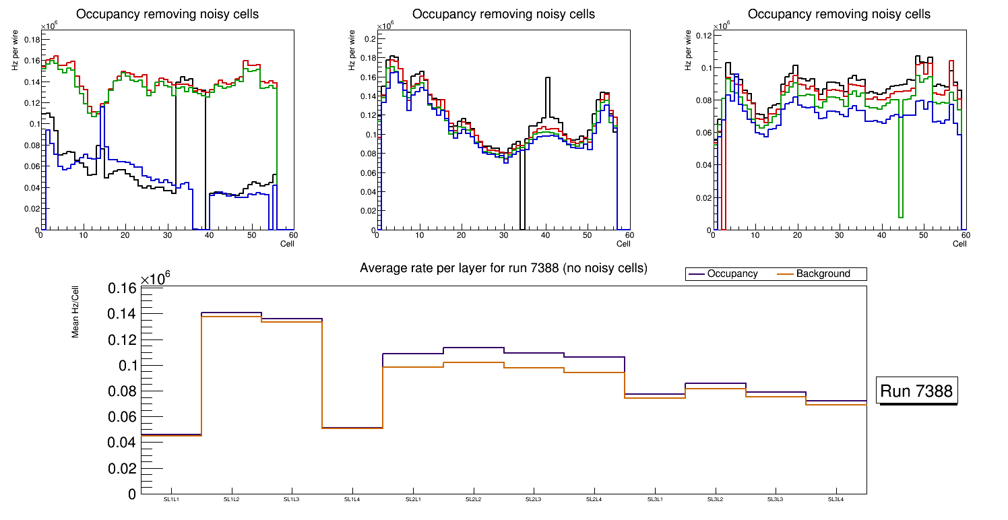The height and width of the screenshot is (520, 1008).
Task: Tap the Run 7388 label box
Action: tap(918, 391)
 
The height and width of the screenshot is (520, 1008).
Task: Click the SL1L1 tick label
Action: tap(171, 499)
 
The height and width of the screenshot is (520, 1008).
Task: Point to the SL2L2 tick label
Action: tap(474, 499)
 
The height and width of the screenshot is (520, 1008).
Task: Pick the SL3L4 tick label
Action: tap(836, 499)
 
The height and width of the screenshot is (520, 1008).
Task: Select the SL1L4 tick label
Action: tap(352, 499)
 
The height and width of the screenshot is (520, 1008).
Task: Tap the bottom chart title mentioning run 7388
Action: tap(503, 268)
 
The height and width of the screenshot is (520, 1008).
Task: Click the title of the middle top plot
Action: tap(503, 14)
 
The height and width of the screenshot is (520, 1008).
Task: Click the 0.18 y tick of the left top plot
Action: tap(32, 39)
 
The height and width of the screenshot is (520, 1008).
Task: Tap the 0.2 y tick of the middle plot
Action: tap(369, 39)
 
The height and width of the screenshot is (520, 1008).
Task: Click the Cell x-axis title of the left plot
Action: tap(287, 243)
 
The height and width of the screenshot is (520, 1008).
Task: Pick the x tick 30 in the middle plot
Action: tap(503, 236)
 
